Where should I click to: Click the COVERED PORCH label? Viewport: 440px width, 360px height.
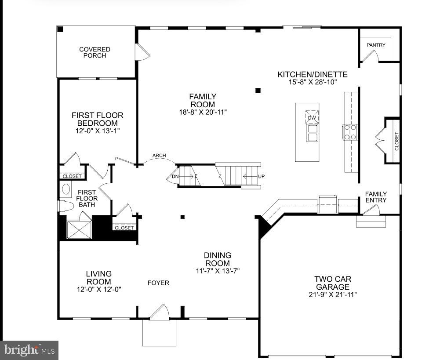[x=95, y=52]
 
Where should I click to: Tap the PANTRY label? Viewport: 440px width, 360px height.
[x=376, y=45]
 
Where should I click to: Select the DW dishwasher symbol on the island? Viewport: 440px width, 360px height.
[x=312, y=117]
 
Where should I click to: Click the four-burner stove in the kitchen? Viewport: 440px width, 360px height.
[x=350, y=132]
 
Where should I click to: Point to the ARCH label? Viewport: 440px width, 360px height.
[x=159, y=156]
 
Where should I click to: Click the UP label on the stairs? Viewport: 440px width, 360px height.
[x=261, y=177]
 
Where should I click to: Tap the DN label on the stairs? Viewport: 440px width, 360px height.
[x=175, y=177]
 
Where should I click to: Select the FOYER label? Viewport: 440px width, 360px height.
[x=158, y=283]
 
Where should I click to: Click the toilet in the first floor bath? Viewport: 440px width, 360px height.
[x=66, y=206]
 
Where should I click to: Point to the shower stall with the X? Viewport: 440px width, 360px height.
[x=79, y=230]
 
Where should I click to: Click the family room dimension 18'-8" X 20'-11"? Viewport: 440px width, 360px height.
[x=203, y=112]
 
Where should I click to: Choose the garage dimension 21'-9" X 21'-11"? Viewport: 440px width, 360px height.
[x=333, y=295]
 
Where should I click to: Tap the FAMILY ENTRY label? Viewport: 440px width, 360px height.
[x=376, y=197]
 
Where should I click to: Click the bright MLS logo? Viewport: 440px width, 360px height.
[x=29, y=350]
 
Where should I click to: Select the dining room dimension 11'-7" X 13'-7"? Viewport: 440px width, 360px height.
[x=218, y=271]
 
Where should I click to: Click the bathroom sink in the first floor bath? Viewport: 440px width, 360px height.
[x=66, y=189]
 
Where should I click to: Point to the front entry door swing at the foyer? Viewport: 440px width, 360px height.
[x=160, y=312]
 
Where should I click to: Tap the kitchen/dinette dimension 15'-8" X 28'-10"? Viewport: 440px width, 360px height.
[x=313, y=82]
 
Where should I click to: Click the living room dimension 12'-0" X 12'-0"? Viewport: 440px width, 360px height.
[x=99, y=289]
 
